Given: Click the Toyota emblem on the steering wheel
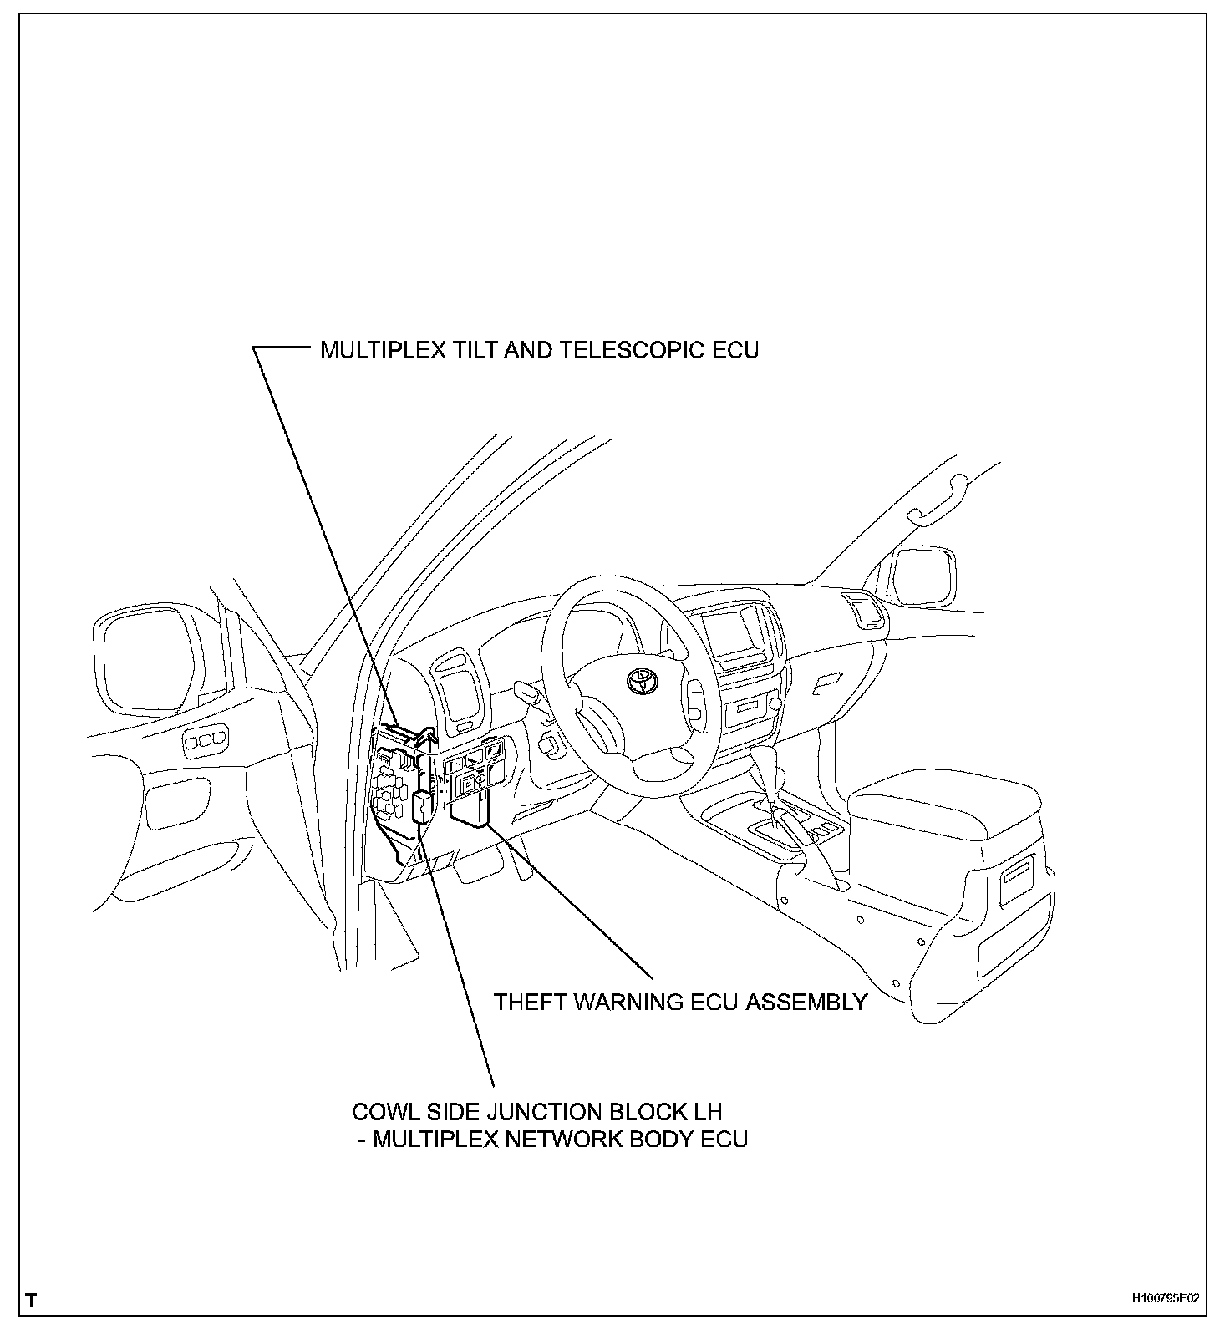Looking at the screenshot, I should click(643, 678).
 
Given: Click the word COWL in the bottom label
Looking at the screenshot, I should click(384, 1112).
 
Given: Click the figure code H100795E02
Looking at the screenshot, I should click(1166, 1298).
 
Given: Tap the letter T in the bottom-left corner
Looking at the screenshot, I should click(31, 1301).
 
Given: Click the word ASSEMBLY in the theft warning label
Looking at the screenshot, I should click(806, 1002).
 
